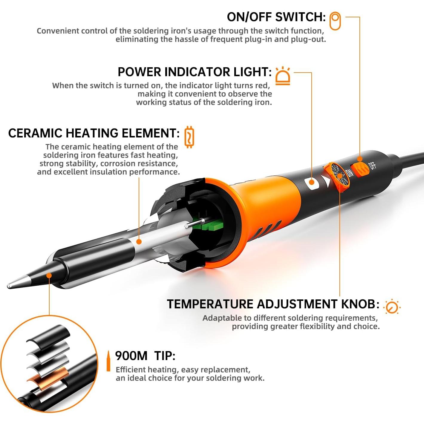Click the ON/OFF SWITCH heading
coord(276,17)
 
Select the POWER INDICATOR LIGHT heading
coord(195,72)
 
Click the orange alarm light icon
coord(282,76)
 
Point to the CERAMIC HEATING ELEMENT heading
coord(94,133)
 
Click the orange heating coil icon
coord(189,137)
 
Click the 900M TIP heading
coord(145,356)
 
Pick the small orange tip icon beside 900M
coord(108,361)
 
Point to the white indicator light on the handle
coord(311,182)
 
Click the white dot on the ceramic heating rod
coord(139,241)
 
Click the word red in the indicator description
coord(263,86)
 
